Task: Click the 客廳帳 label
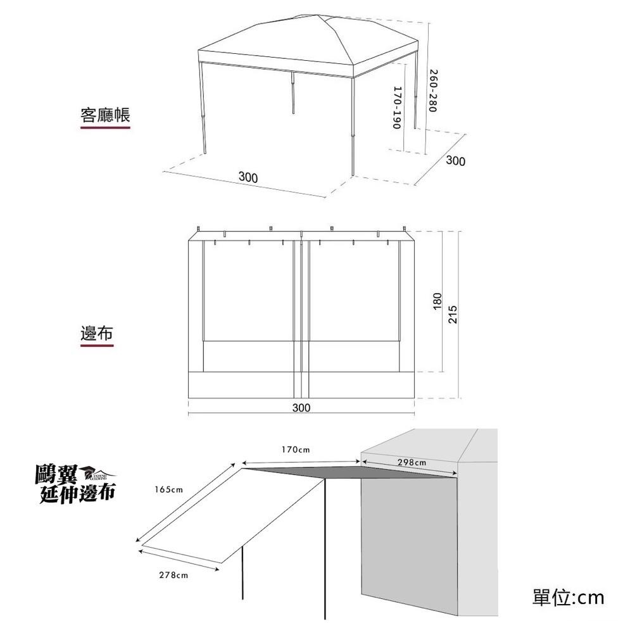point(105,115)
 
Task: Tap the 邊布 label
point(97,333)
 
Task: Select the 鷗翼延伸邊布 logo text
point(75,484)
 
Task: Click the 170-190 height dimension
point(398,108)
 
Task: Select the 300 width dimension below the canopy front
point(248,177)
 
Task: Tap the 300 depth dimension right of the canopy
point(455,161)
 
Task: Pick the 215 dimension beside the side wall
point(452,314)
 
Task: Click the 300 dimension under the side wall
point(301,407)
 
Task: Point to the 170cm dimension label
point(296,450)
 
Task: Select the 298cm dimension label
point(412,462)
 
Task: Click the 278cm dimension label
point(173,575)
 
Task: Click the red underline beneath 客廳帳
point(105,127)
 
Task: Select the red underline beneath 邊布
point(97,346)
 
